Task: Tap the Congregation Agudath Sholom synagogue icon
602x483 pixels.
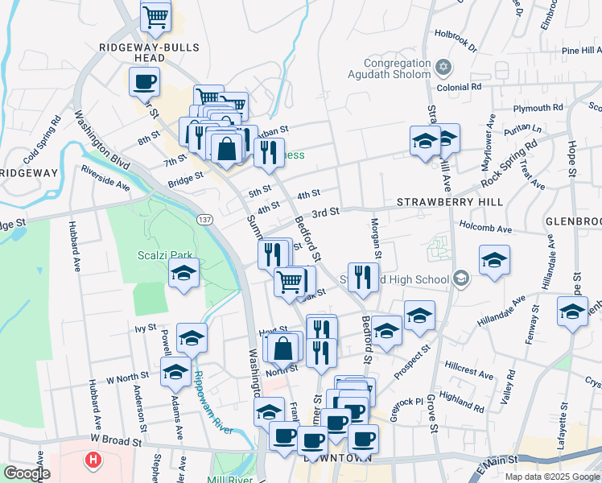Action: [x=442, y=66]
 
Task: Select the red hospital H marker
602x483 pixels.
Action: [x=93, y=460]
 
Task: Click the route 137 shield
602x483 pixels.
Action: [x=204, y=219]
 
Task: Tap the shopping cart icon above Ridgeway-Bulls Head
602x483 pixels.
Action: [x=155, y=15]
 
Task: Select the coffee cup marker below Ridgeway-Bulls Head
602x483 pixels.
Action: [x=144, y=81]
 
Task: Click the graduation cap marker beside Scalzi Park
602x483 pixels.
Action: [x=183, y=274]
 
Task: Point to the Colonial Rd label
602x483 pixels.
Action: [x=459, y=87]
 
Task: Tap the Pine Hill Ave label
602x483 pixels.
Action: [x=571, y=51]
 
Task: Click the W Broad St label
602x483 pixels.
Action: [x=116, y=441]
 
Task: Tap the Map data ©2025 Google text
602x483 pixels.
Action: [x=551, y=477]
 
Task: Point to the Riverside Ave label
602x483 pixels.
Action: [x=105, y=178]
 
